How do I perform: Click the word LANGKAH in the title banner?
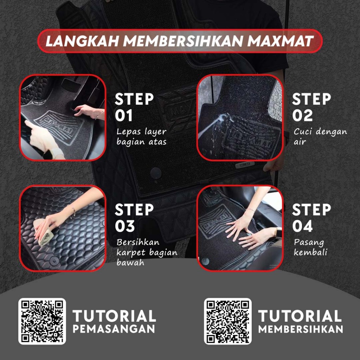pos(82,41)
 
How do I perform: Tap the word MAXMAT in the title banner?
pos(280,41)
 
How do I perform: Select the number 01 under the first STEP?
pos(124,115)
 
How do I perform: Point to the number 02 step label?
pos(302,115)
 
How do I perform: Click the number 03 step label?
pos(125,226)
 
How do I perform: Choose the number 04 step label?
pos(302,226)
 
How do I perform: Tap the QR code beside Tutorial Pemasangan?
pos(42,321)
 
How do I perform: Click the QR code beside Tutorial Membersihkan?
pos(228,321)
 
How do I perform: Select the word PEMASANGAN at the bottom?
pos(114,329)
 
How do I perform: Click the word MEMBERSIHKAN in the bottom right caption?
pos(301,329)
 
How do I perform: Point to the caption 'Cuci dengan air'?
pos(320,137)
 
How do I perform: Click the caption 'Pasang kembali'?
pos(310,247)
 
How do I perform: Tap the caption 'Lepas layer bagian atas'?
pos(141,137)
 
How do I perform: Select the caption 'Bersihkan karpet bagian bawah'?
pos(147,252)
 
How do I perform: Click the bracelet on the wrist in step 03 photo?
pos(73,212)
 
